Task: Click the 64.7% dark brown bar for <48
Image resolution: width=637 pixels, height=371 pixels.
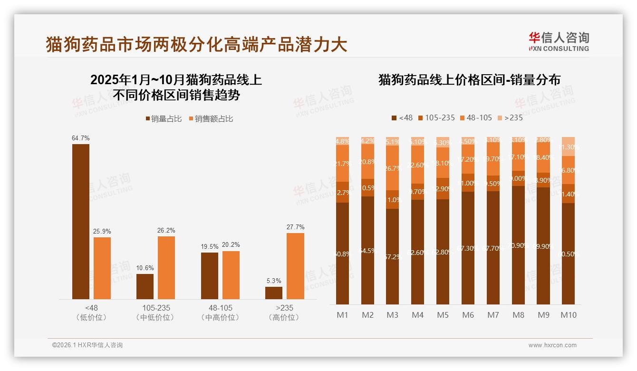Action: [81, 221]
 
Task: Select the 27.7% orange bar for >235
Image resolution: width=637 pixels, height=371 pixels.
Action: [295, 266]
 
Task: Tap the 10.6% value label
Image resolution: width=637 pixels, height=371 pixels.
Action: [145, 268]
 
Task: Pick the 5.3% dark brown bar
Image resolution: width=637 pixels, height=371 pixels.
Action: [274, 293]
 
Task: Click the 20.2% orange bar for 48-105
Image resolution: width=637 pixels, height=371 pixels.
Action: [231, 275]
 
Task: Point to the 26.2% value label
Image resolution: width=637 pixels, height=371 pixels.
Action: [166, 230]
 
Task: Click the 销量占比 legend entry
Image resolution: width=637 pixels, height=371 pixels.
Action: [164, 119]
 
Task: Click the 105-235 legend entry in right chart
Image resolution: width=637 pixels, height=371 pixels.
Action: [436, 117]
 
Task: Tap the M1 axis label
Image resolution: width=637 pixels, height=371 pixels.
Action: [342, 315]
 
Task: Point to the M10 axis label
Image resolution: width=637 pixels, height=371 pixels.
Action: [569, 315]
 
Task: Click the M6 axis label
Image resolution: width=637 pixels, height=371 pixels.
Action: [468, 315]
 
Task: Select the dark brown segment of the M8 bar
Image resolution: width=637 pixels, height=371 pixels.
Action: [518, 245]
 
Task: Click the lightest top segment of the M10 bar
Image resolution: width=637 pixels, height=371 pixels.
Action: [569, 146]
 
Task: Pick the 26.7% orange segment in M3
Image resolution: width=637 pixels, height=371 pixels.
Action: [393, 168]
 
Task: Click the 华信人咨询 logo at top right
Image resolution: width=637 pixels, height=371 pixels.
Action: [559, 41]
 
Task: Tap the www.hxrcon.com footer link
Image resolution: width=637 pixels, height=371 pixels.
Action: [552, 345]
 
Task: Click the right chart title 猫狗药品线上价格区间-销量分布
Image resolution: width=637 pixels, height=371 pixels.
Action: [469, 79]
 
